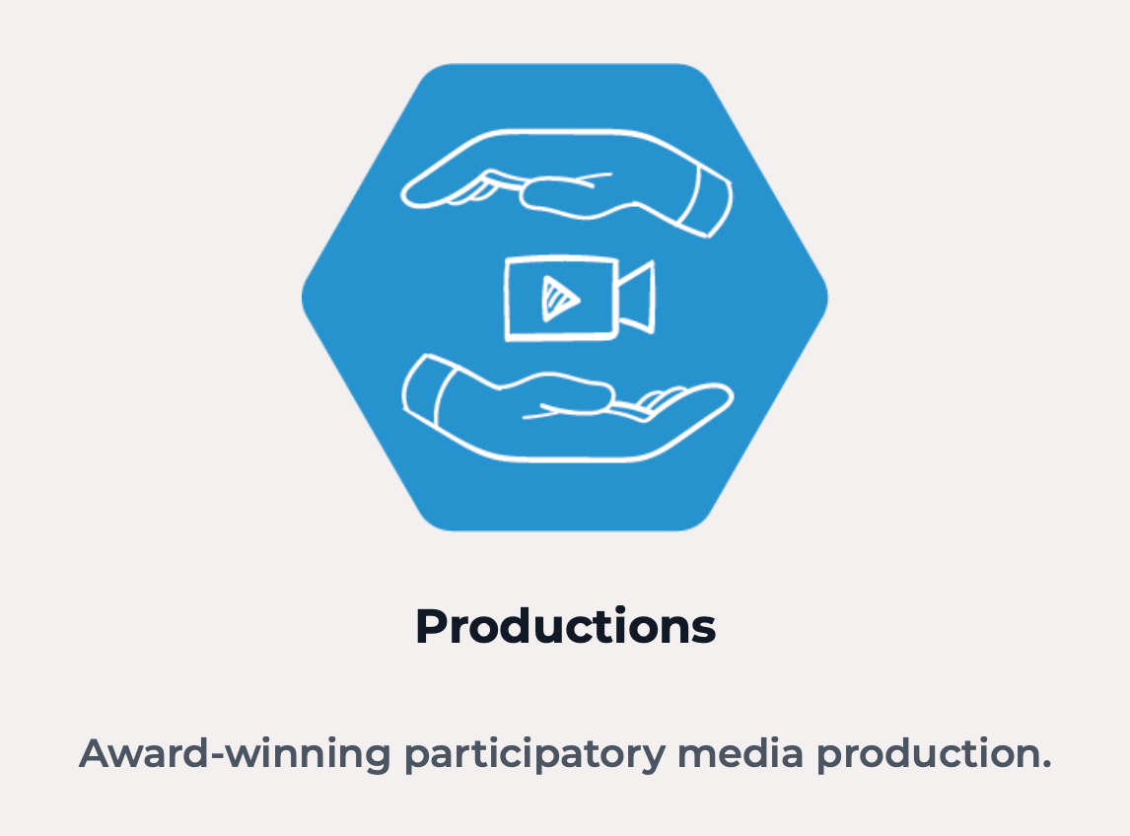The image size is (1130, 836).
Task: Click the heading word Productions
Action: click(x=566, y=626)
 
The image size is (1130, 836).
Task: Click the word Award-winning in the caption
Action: click(x=235, y=754)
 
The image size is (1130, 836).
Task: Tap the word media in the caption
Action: click(x=741, y=753)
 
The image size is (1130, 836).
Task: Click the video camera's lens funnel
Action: click(x=637, y=297)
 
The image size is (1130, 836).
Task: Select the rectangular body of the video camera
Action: click(x=561, y=298)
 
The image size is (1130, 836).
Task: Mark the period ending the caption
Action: click(x=1046, y=765)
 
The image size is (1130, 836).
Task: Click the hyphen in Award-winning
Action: click(x=217, y=756)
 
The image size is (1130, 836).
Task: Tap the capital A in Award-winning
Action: click(x=99, y=753)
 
